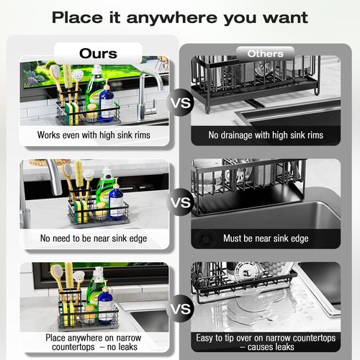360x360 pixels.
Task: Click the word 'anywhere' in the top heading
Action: [171, 18]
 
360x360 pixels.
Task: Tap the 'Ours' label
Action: [98, 53]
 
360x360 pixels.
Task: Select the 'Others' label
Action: [266, 54]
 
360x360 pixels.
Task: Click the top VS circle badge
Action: [181, 102]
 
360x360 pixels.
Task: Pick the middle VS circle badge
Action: [181, 202]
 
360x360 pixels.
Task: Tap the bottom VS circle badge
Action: [181, 309]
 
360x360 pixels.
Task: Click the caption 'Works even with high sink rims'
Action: [94, 135]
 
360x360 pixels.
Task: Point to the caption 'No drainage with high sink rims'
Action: [266, 135]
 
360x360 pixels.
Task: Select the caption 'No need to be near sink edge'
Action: [94, 238]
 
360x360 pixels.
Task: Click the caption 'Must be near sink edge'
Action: [266, 238]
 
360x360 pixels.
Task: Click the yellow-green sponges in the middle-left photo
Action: [81, 211]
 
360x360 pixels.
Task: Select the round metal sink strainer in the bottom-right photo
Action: [248, 271]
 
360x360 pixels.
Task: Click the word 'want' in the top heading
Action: [285, 18]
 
